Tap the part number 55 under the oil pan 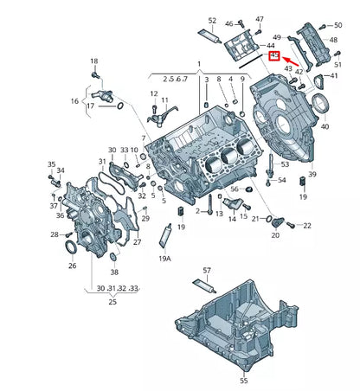pos(243,380)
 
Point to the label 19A pos(164,258)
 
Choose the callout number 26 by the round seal pos(73,266)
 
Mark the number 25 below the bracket pos(112,302)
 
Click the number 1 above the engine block pos(198,65)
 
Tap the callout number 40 pos(325,125)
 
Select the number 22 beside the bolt pos(307,226)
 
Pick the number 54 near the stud pos(280,180)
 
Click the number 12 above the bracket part pos(153,93)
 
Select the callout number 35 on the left pos(51,164)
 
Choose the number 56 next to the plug pos(234,189)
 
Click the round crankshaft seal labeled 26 pos(74,251)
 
